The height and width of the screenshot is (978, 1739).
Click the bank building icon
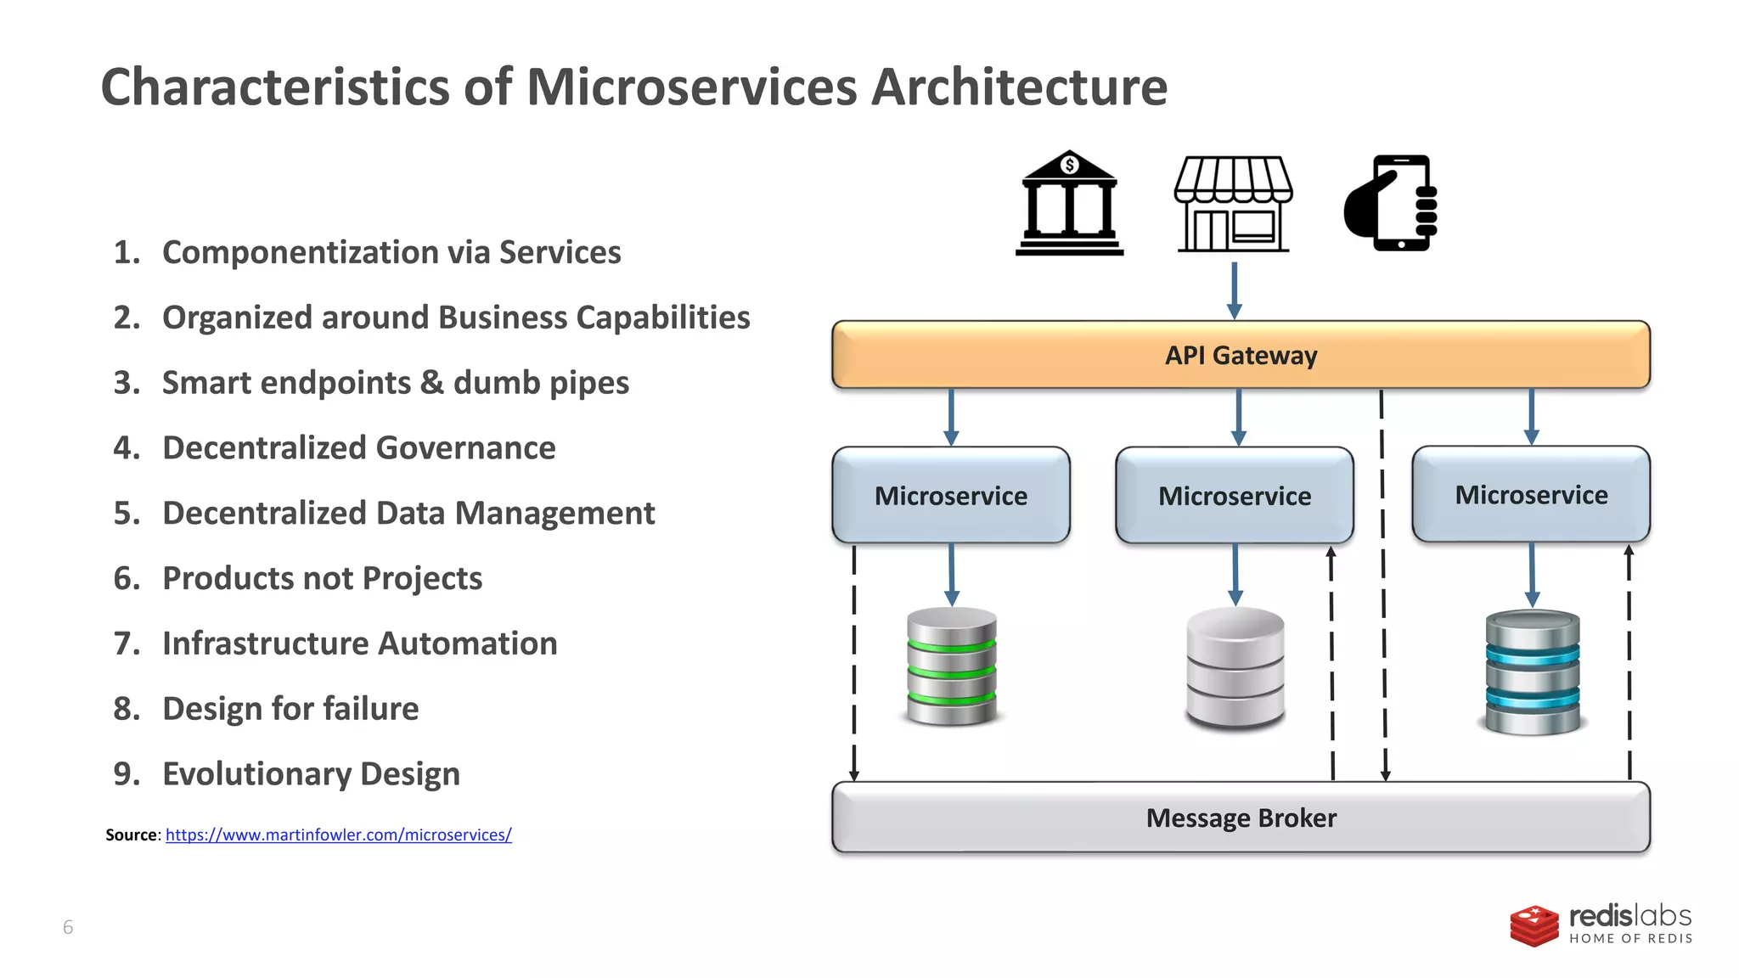click(1069, 204)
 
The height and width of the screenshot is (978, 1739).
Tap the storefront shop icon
click(1233, 204)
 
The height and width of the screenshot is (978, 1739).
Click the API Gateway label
click(1241, 355)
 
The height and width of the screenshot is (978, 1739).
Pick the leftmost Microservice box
click(951, 495)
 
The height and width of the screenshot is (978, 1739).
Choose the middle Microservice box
click(1235, 495)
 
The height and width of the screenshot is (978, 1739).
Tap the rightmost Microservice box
click(1531, 494)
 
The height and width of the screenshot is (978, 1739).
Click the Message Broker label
click(1241, 818)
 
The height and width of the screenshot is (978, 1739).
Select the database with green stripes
click(952, 666)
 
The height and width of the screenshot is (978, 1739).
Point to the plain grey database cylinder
click(1235, 668)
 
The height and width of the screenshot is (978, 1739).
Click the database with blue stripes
click(1533, 672)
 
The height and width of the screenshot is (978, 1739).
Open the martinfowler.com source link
click(338, 835)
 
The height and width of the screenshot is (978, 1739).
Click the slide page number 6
click(68, 927)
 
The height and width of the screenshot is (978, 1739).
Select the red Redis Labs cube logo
click(1534, 925)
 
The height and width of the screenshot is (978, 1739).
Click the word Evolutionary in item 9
click(256, 774)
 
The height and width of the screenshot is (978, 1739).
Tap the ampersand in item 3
click(431, 383)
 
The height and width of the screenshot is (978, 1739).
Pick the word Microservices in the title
click(692, 87)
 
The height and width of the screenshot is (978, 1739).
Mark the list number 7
click(126, 644)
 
